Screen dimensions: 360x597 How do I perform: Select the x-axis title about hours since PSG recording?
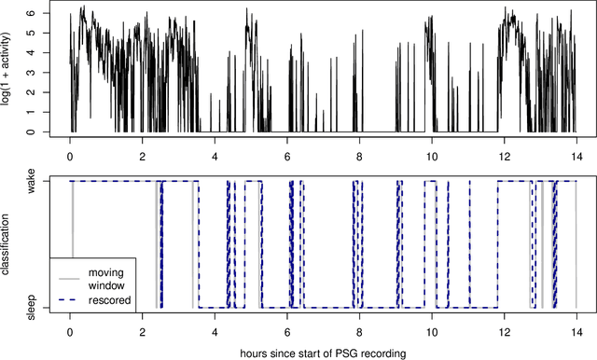click(x=323, y=353)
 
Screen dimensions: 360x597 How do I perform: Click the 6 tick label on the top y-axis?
click(x=31, y=15)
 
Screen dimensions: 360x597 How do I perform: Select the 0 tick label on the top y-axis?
click(x=31, y=132)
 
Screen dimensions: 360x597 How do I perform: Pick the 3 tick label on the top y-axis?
click(x=31, y=74)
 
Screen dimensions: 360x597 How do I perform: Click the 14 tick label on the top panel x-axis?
click(x=576, y=156)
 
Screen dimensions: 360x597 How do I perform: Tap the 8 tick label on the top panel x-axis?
click(x=359, y=156)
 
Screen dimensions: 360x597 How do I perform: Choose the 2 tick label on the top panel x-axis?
click(x=142, y=156)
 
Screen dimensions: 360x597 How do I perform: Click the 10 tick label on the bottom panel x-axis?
click(x=431, y=331)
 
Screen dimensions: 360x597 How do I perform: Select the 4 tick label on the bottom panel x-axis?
click(x=215, y=331)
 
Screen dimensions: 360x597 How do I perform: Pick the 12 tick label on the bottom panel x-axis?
click(x=504, y=331)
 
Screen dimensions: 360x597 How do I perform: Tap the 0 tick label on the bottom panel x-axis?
click(x=70, y=331)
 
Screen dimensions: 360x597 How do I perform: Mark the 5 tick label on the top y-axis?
click(x=31, y=35)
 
